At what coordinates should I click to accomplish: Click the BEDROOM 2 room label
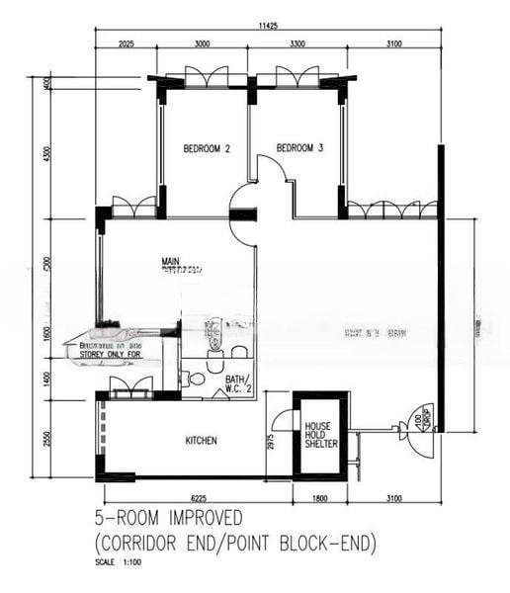(207, 149)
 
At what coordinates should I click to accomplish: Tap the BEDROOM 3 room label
(299, 148)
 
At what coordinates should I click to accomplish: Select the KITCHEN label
(201, 440)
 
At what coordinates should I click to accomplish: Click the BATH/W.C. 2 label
(238, 383)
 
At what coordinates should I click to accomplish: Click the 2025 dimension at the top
(127, 44)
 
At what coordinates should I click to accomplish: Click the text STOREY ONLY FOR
(110, 352)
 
